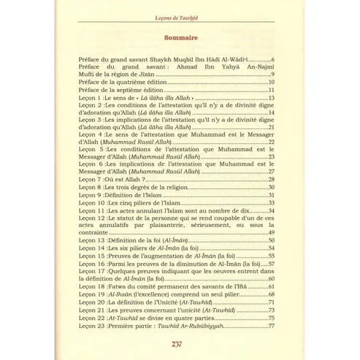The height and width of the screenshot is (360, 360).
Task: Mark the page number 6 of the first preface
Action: (x=272, y=58)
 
